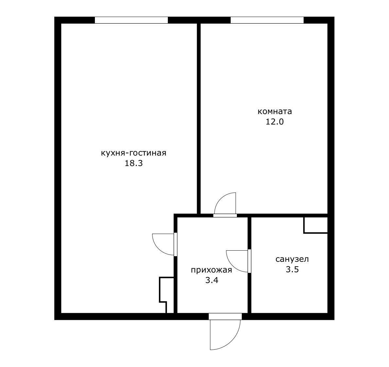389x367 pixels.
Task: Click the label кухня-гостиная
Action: point(133,153)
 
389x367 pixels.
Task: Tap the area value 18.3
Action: point(133,163)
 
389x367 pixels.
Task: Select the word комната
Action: point(274,111)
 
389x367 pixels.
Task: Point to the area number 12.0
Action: point(274,122)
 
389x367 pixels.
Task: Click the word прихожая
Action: point(211,270)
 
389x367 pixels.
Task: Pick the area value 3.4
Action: point(212,280)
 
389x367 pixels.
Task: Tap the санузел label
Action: point(292,259)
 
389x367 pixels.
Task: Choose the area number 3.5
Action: point(292,269)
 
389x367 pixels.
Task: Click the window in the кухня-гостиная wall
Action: point(131,20)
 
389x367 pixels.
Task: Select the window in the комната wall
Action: point(267,20)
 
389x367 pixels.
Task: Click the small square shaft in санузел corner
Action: point(316,225)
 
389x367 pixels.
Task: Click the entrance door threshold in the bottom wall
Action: point(225,316)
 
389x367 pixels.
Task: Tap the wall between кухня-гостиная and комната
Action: point(199,118)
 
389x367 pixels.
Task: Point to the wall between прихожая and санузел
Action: point(250,265)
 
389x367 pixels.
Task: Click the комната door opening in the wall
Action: point(225,215)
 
